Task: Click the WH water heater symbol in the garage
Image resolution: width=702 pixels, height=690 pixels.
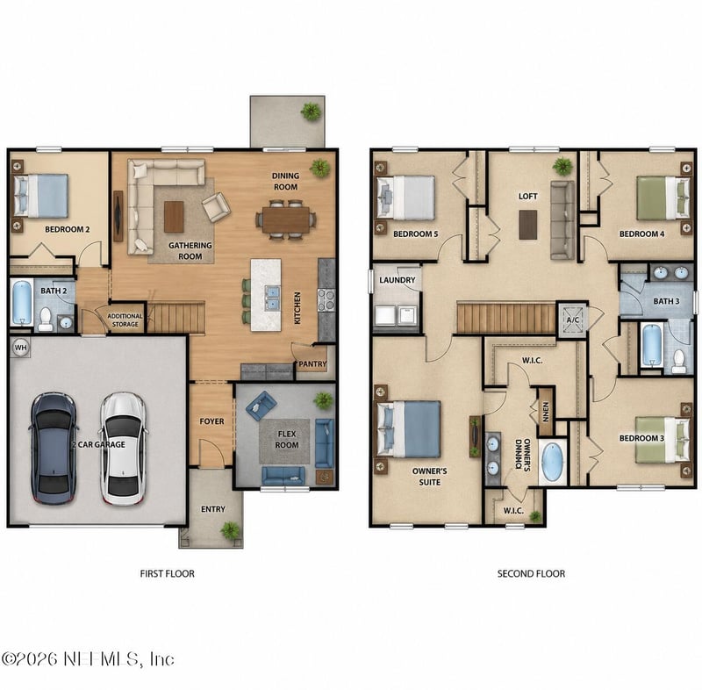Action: [20, 348]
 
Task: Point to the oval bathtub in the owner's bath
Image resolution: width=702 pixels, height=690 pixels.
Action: [552, 462]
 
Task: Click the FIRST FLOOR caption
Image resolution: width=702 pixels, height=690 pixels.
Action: [168, 573]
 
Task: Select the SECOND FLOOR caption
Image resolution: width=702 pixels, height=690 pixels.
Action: [531, 573]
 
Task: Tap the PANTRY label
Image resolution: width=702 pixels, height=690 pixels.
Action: [312, 363]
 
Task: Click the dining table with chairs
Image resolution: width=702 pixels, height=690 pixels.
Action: [286, 219]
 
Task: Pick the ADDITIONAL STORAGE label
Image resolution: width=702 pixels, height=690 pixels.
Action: [124, 320]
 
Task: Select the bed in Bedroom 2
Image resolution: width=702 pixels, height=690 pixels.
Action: [41, 196]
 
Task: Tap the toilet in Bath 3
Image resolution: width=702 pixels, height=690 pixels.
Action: [678, 358]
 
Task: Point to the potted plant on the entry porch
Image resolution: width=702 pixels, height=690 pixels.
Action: [230, 530]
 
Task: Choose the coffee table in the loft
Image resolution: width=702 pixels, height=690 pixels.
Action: [527, 225]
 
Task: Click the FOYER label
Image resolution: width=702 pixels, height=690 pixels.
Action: [211, 421]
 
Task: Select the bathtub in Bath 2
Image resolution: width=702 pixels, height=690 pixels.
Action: [22, 303]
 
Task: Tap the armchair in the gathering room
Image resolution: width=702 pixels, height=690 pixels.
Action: [216, 206]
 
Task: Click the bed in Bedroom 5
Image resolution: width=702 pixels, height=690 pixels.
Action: [407, 198]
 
